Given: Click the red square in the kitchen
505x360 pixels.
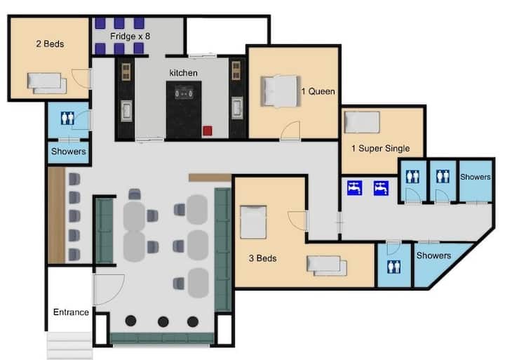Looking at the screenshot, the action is (x=208, y=131).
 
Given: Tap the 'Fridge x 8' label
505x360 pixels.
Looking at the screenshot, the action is (x=130, y=36).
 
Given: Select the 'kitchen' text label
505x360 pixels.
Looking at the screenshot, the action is (x=183, y=73).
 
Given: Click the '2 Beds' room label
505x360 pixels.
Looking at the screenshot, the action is (x=50, y=44).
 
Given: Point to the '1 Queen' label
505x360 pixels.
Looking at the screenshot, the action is (x=318, y=91).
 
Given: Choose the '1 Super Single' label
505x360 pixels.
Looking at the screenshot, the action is (x=381, y=148).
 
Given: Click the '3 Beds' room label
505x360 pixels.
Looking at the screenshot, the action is (x=262, y=258).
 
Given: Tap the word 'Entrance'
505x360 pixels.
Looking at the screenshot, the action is (x=71, y=312).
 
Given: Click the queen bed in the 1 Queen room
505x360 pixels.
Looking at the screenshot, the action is (x=280, y=91).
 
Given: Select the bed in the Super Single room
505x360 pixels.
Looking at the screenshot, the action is (x=362, y=122).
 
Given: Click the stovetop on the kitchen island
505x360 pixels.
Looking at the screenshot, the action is (x=184, y=93).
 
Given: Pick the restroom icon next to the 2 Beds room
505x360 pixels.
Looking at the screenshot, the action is (x=67, y=118).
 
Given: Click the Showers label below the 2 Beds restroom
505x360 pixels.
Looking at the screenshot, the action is (x=68, y=152).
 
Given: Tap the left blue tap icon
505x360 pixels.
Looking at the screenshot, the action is (x=355, y=188).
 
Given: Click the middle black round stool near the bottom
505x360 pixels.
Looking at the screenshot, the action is (x=163, y=321).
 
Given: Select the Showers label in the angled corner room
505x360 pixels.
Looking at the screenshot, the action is (x=433, y=255).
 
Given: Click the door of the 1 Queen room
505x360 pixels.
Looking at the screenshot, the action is (x=290, y=131).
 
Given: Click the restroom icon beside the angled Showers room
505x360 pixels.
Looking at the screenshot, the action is (x=393, y=267).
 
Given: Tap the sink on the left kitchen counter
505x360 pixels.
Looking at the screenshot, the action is (x=126, y=111).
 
